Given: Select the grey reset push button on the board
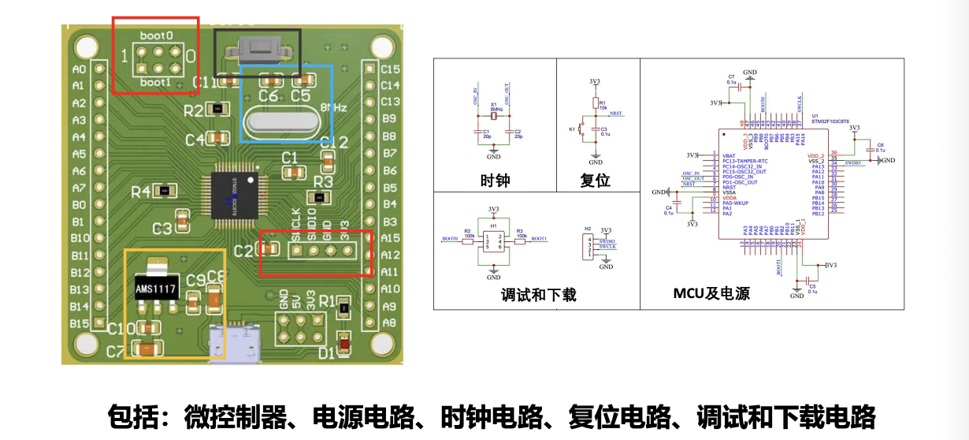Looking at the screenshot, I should (x=258, y=51).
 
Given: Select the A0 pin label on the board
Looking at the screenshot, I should (x=78, y=69).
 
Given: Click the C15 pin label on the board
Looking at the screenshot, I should (x=390, y=69).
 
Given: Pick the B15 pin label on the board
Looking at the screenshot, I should (x=79, y=323).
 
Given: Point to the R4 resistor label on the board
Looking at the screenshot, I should (x=143, y=191).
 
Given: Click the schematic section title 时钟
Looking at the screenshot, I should (x=495, y=181).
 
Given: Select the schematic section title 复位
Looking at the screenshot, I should (x=595, y=181).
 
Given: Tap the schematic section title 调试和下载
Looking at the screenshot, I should (x=539, y=295).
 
